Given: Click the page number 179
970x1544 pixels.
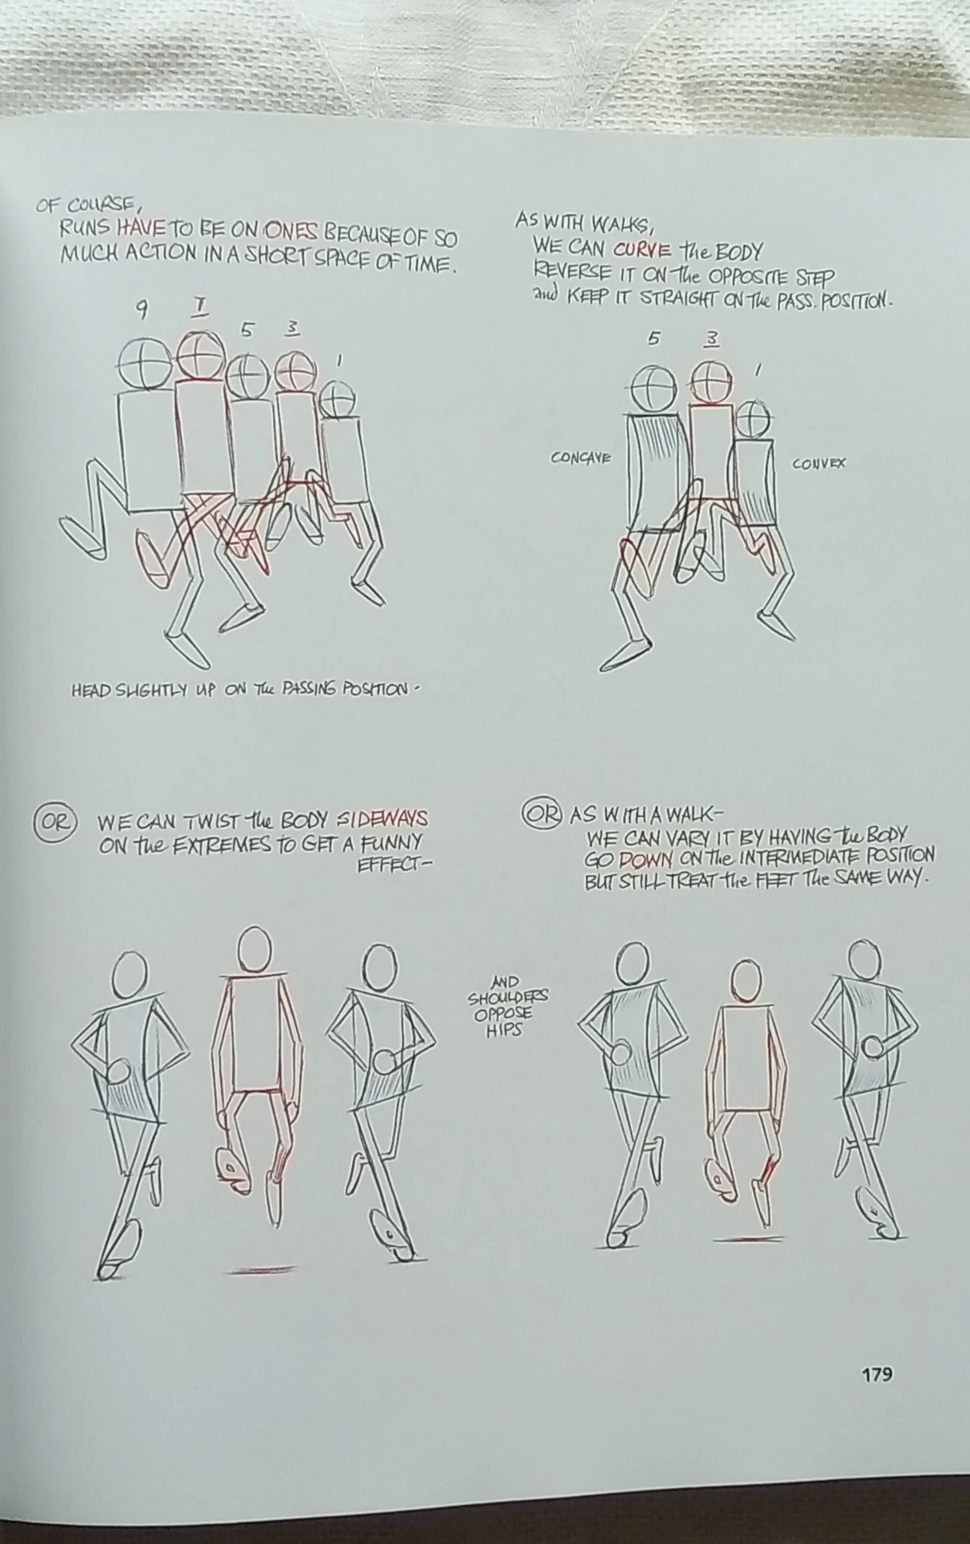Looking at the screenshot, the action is [877, 1374].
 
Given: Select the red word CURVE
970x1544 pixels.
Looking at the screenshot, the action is [643, 249].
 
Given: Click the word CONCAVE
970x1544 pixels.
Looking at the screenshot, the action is [580, 457].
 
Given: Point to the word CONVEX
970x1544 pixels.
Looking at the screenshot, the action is [819, 463].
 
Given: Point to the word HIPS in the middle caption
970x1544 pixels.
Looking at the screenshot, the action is [507, 1029].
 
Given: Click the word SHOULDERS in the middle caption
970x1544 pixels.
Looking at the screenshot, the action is [508, 997].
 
